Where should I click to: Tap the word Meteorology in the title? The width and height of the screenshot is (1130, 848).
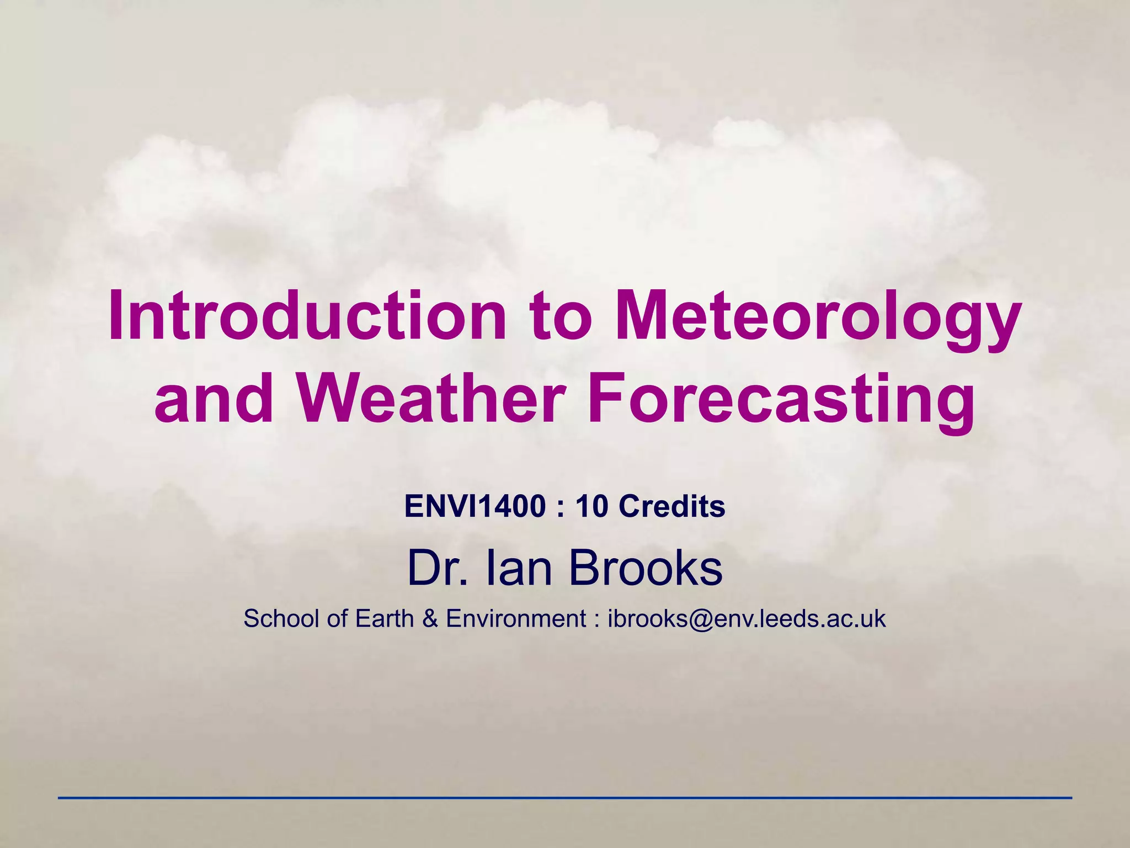(816, 316)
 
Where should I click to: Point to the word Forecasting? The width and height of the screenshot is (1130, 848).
(781, 398)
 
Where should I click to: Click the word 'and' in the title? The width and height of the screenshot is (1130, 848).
(214, 398)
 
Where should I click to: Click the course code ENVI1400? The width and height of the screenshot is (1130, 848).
(475, 506)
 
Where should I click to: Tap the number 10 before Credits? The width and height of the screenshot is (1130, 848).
(593, 506)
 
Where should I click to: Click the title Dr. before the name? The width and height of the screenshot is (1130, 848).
(434, 569)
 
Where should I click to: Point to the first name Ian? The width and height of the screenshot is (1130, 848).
(519, 569)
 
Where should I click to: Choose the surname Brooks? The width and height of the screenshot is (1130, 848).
(645, 569)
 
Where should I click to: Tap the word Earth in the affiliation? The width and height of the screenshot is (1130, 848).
(385, 619)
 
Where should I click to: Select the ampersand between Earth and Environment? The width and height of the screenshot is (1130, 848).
(430, 619)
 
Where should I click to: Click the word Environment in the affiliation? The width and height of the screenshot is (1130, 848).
(515, 619)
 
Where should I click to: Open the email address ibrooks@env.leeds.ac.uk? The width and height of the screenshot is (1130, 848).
(747, 619)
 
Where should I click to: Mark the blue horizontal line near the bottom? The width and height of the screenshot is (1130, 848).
(565, 798)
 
